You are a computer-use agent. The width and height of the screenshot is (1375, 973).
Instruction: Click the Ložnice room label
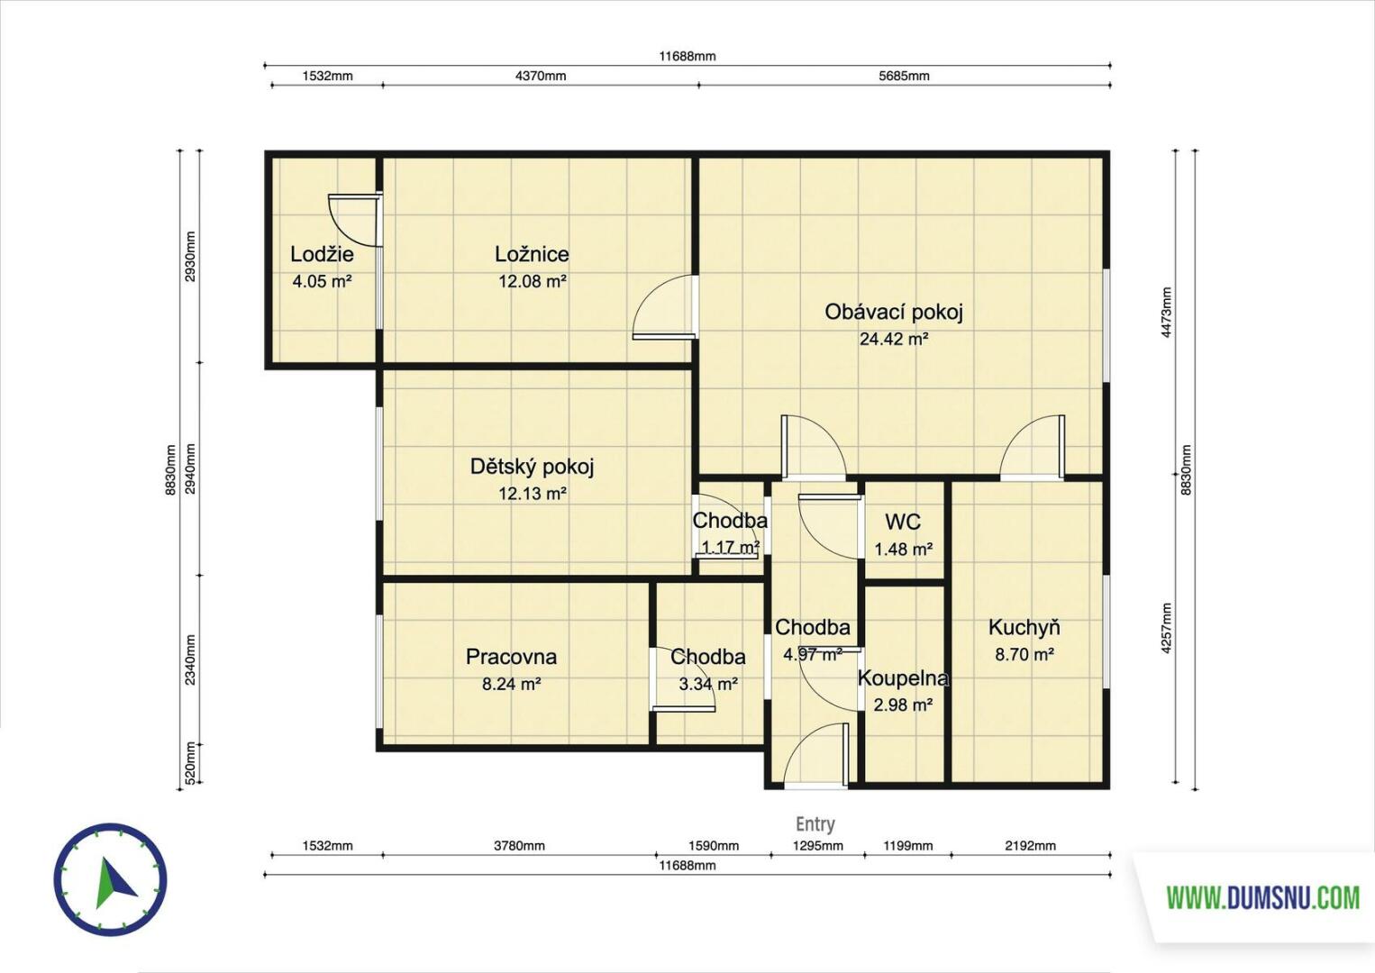click(532, 254)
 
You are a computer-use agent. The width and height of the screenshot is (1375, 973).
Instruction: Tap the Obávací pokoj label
click(894, 312)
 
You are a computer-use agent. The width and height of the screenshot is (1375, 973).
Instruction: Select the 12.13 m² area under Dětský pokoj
click(533, 494)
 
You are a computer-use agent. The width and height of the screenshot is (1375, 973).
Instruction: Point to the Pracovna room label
click(511, 657)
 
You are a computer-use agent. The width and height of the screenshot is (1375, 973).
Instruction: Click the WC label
click(903, 522)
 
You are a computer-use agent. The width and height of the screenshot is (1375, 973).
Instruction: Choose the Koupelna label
click(903, 678)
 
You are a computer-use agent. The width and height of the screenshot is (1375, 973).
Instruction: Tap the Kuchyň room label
click(1024, 627)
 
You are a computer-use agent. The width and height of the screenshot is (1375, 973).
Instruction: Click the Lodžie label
click(322, 254)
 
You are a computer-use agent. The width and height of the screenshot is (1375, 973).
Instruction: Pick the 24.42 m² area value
click(894, 339)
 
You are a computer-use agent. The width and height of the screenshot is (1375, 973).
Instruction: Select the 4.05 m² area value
click(322, 282)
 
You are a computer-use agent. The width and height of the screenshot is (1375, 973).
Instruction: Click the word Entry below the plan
click(815, 824)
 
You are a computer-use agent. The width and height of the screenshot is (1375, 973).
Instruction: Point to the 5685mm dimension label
click(904, 76)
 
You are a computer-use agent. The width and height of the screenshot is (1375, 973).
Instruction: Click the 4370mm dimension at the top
click(541, 76)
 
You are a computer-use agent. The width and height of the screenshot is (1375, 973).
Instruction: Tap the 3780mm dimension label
click(519, 846)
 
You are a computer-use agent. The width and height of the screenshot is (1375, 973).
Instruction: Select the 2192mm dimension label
click(1031, 846)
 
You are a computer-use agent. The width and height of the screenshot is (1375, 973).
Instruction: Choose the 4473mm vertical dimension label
click(1167, 313)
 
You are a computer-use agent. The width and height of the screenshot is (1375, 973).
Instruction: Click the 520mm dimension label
click(190, 763)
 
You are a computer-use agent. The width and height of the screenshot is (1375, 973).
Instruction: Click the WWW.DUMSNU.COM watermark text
click(1263, 899)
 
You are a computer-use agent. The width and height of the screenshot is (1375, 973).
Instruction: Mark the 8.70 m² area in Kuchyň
click(1024, 654)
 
